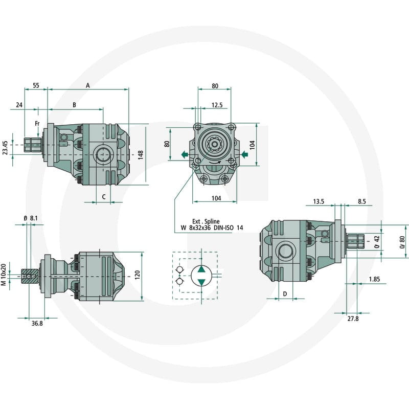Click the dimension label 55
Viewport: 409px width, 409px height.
[x=36, y=85]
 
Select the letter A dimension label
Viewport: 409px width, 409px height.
[x=88, y=85]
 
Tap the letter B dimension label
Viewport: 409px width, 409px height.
[x=74, y=105]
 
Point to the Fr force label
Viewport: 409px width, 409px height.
[x=37, y=123]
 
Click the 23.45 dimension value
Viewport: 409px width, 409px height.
[x=5, y=148]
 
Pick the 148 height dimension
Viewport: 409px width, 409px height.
[x=141, y=155]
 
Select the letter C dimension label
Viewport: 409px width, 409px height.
[x=104, y=197]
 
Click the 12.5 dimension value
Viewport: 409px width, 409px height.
[x=217, y=105]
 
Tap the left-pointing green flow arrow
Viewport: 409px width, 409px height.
[x=185, y=155]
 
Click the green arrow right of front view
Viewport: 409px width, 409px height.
[x=244, y=155]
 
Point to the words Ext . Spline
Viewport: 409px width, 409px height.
[x=206, y=221]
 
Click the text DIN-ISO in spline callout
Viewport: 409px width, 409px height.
[x=223, y=228]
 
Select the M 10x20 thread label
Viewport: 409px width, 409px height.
[x=4, y=275]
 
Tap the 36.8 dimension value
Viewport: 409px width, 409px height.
[x=37, y=324]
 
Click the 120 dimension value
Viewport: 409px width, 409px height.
[x=138, y=275]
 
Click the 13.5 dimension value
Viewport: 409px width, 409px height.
[x=319, y=201]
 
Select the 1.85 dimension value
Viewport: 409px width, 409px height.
[x=374, y=279]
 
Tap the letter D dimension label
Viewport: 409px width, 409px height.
[x=285, y=294]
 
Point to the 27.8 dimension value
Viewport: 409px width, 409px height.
[x=353, y=319]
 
